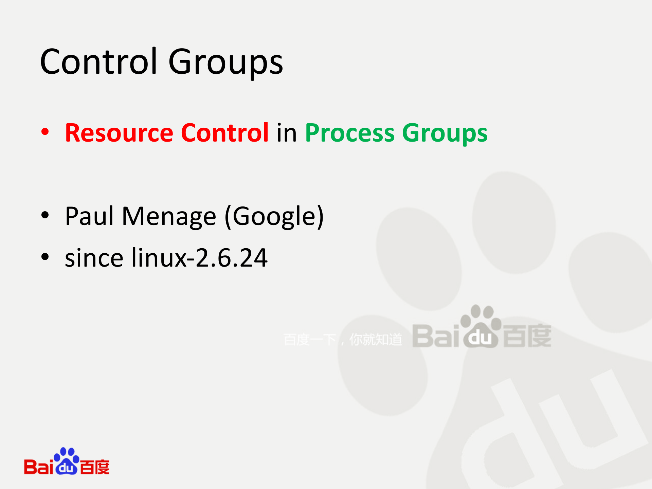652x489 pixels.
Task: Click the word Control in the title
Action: click(x=98, y=62)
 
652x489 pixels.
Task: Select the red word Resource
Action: click(x=119, y=133)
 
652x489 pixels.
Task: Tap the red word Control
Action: click(x=225, y=133)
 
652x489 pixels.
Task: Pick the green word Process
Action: click(x=350, y=133)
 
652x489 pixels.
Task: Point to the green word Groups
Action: click(x=445, y=133)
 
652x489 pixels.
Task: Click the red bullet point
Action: click(x=45, y=132)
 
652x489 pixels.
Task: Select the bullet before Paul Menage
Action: click(x=45, y=215)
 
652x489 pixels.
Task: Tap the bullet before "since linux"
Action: click(x=45, y=257)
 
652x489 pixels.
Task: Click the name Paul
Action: click(x=89, y=216)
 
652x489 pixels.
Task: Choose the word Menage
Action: click(x=169, y=217)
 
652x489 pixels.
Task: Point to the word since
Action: click(x=94, y=258)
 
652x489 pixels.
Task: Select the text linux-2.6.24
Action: click(x=200, y=258)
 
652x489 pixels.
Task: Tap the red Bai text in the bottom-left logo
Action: click(x=38, y=467)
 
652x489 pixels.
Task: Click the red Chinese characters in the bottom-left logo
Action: click(x=95, y=467)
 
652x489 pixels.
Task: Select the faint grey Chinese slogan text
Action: click(x=343, y=340)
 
